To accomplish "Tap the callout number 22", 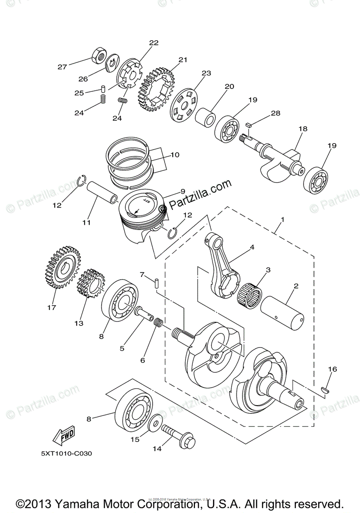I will click(153, 43).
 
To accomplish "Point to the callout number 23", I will click(207, 73).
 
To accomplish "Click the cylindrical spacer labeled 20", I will click(206, 115).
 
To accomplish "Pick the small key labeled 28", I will click(248, 124).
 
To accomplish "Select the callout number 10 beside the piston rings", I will click(175, 155).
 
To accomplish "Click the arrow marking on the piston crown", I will click(136, 211).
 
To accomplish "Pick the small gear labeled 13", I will click(91, 283).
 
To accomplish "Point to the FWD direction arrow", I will click(63, 436).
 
